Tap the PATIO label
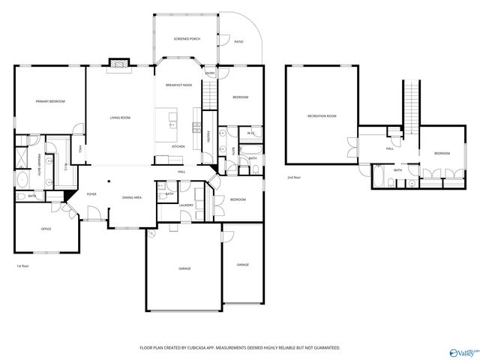pyautogui.click(x=238, y=41)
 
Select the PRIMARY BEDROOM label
pyautogui.click(x=50, y=101)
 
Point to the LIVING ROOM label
pyautogui.click(x=120, y=117)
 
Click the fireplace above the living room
pyautogui.click(x=118, y=64)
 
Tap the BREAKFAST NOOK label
pyautogui.click(x=179, y=85)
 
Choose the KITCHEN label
pyautogui.click(x=178, y=145)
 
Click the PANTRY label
pyautogui.click(x=208, y=136)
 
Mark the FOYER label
pyautogui.click(x=91, y=193)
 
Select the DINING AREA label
pyautogui.click(x=132, y=197)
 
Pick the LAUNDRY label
pyautogui.click(x=187, y=205)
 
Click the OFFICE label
pyautogui.click(x=46, y=229)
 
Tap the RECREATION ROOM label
pyautogui.click(x=321, y=116)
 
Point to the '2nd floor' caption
pyautogui.click(x=295, y=178)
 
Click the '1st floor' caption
pyautogui.click(x=22, y=266)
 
